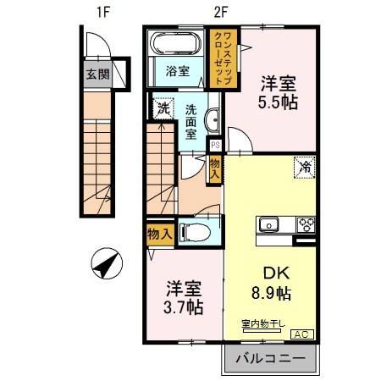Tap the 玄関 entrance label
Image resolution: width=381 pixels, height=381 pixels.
97,73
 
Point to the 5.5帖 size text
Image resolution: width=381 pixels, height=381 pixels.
278,104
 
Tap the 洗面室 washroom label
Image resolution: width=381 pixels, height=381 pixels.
191,121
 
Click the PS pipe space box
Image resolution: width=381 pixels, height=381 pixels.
215,144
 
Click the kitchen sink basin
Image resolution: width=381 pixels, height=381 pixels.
269,224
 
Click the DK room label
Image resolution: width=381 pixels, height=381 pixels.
270,274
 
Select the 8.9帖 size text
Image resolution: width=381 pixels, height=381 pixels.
270,295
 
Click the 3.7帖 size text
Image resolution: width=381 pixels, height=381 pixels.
182,306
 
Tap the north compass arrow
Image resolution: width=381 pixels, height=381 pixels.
107,265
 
